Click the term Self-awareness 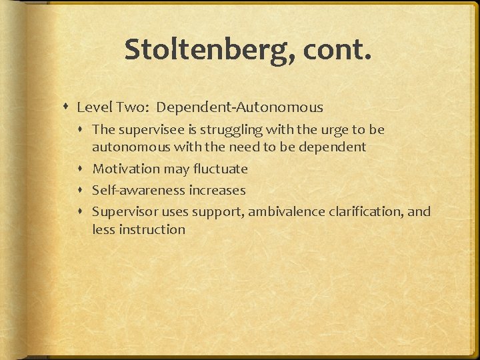pyautogui.click(x=139, y=190)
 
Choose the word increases pyautogui.click(x=217, y=190)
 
